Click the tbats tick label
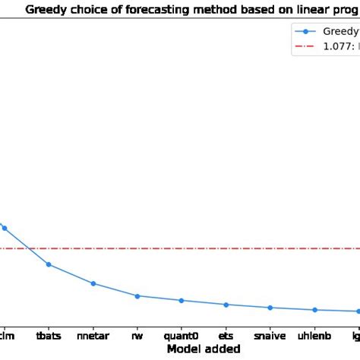49,334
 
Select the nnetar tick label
93,334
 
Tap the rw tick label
137,334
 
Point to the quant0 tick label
182,334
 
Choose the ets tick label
226,334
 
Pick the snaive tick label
270,334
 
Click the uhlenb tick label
314,334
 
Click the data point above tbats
49,264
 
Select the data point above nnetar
93,283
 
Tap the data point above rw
137,296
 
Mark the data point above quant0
182,301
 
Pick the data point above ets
226,305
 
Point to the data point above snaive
270,308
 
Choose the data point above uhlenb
314,310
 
